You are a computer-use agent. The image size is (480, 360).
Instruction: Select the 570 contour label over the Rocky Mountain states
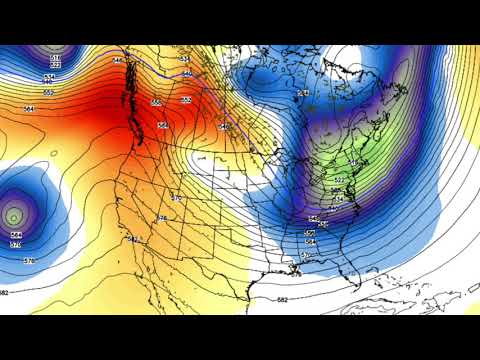[177, 198]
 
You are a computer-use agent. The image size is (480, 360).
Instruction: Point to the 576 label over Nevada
[162, 218]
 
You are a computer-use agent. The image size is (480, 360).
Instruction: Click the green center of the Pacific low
[13, 214]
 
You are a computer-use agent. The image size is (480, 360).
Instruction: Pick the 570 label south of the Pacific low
[28, 260]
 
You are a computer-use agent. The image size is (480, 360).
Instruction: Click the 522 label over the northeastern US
[339, 180]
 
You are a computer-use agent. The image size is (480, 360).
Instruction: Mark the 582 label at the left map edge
[5, 293]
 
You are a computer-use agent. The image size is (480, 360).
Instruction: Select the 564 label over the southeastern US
[310, 242]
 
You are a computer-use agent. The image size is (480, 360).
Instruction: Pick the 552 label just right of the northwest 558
[186, 100]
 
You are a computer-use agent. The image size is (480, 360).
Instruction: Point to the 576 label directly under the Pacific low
[15, 244]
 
